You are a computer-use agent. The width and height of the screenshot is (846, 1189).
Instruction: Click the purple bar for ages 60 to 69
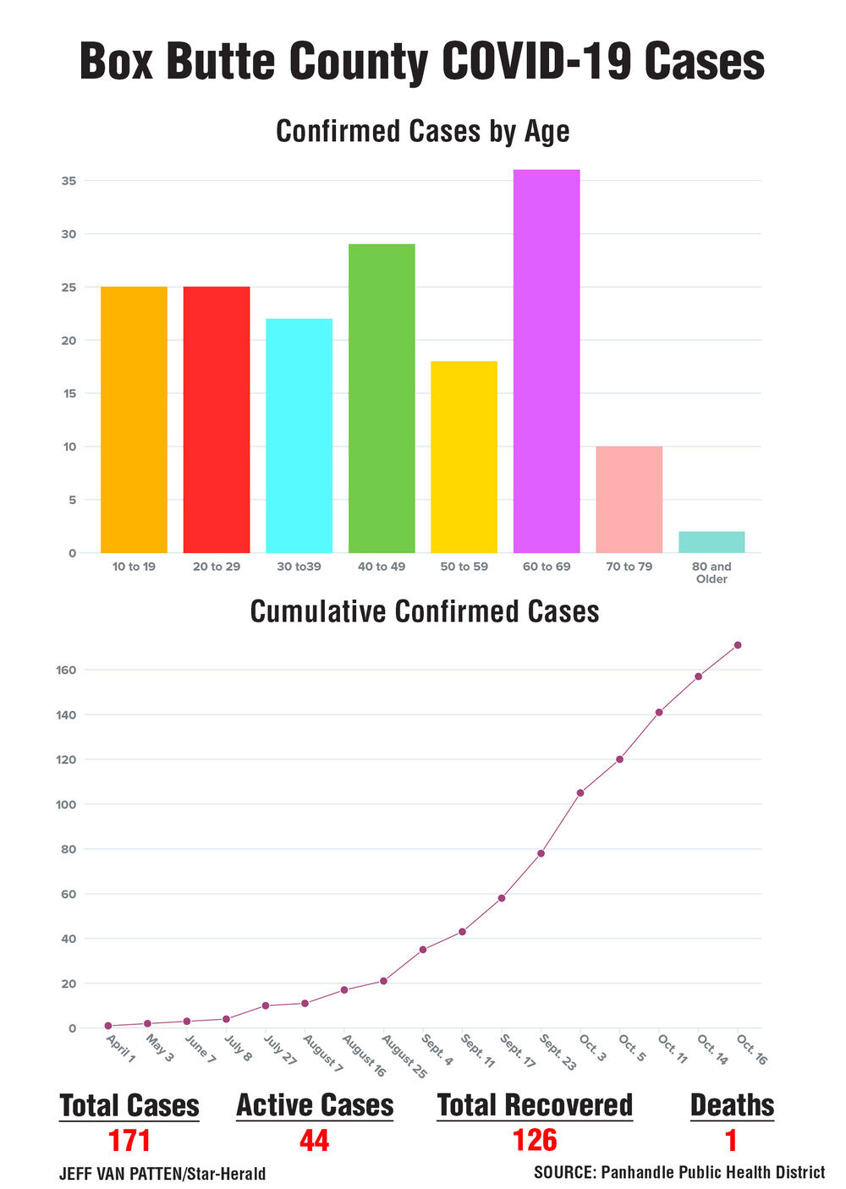tap(547, 361)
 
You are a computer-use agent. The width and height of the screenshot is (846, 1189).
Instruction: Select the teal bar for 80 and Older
tap(711, 542)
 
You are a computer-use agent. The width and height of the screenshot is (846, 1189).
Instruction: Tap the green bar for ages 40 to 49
tap(382, 398)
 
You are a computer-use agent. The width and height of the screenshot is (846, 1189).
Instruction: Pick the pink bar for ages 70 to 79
tap(629, 499)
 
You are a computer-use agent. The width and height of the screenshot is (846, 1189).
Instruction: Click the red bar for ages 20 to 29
tap(217, 419)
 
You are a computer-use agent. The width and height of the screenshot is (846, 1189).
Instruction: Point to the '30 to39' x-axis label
tap(299, 567)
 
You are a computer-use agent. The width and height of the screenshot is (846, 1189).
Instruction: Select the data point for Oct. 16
tap(738, 645)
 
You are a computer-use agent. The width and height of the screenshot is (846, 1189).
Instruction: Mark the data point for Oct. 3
tap(580, 792)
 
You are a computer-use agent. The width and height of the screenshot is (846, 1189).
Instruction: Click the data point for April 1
tap(108, 1026)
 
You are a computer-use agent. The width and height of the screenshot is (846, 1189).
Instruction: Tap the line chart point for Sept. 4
tap(423, 950)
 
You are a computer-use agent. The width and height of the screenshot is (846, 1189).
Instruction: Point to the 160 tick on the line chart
tap(67, 670)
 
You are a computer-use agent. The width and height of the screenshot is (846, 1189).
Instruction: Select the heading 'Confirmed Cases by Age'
tap(423, 131)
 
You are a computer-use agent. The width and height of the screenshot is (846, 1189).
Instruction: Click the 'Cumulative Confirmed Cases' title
tap(425, 611)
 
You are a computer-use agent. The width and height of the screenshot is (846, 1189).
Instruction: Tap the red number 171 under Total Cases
tap(129, 1141)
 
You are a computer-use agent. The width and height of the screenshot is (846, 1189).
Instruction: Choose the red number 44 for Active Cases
tap(314, 1141)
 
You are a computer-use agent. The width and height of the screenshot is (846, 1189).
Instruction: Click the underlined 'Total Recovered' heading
tap(535, 1105)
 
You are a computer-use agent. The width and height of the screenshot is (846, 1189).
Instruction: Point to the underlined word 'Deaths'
tap(732, 1105)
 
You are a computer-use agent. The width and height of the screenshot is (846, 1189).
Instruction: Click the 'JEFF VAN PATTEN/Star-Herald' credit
tap(162, 1174)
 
